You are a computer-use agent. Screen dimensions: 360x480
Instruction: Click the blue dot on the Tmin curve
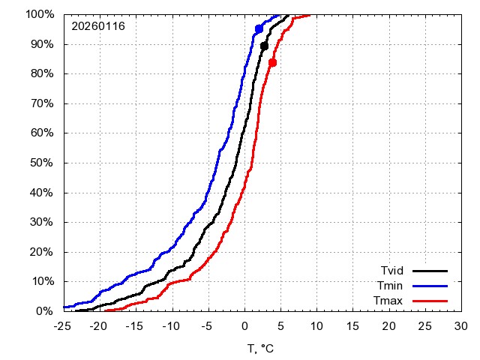pyautogui.click(x=259, y=28)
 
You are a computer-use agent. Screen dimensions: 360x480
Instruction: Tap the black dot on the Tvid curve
pyautogui.click(x=264, y=46)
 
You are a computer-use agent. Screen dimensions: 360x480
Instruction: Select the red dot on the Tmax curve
pyautogui.click(x=272, y=62)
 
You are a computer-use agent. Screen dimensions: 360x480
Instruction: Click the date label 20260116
pyautogui.click(x=98, y=26)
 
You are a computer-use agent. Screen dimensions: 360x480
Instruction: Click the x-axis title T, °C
pyautogui.click(x=262, y=348)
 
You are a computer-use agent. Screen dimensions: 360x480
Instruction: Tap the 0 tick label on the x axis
pyautogui.click(x=244, y=326)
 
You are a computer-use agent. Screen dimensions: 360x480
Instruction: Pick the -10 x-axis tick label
pyautogui.click(x=172, y=326)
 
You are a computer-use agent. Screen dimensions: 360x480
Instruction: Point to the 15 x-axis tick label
pyautogui.click(x=352, y=326)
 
